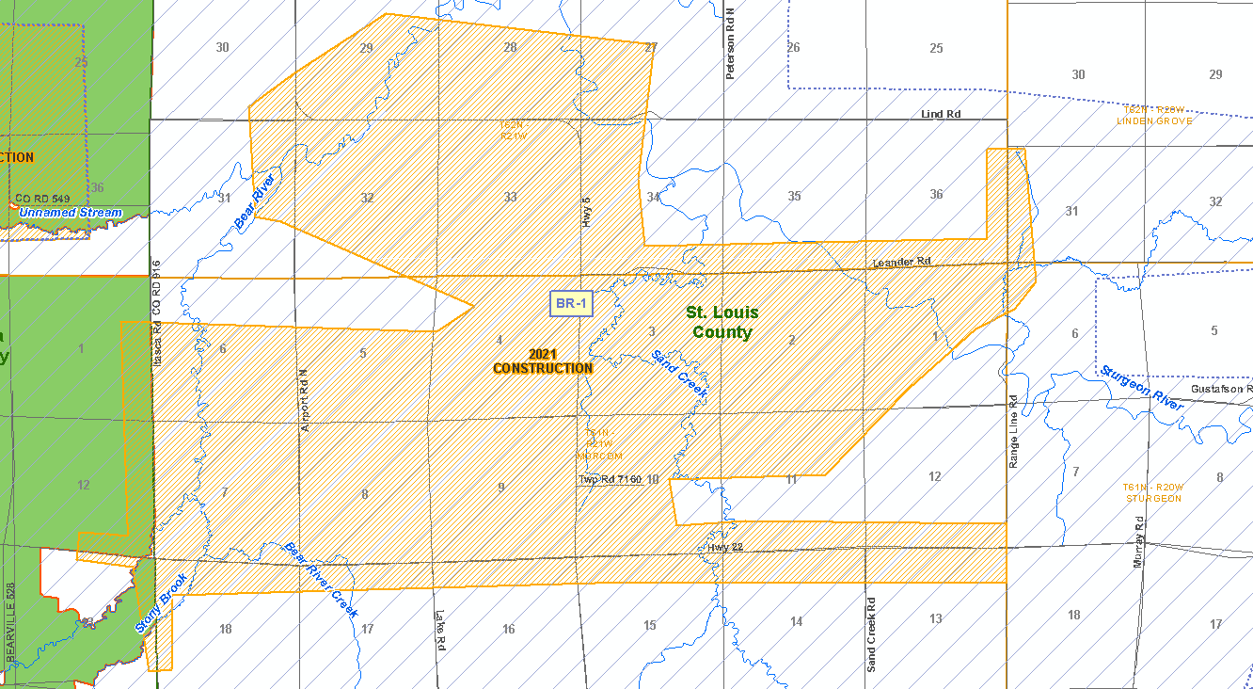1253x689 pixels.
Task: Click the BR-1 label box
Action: [571, 303]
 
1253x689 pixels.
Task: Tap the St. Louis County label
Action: [722, 322]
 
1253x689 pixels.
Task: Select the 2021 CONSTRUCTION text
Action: [543, 361]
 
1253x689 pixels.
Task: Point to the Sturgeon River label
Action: [1141, 388]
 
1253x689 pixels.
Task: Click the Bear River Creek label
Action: [322, 579]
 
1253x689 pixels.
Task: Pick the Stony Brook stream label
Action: [162, 603]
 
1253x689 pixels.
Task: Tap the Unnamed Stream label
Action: [71, 213]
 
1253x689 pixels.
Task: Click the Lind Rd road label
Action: [941, 114]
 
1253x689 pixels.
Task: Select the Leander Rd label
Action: [900, 262]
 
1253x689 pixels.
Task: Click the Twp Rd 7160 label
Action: [610, 480]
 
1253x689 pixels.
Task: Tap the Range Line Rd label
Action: [1013, 432]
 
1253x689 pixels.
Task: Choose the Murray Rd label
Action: [1137, 541]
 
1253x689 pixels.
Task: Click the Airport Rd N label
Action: [304, 400]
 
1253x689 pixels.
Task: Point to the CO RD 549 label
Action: [42, 199]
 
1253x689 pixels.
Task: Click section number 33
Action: [510, 197]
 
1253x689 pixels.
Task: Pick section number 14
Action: [796, 621]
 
